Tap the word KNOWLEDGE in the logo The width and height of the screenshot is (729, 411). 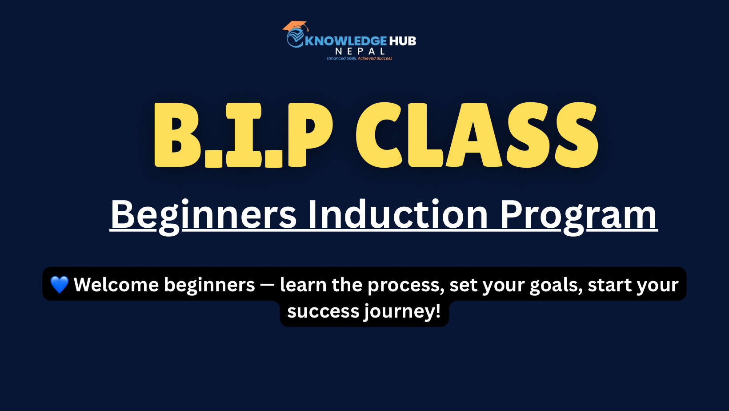point(346,41)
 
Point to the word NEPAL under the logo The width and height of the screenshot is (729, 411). point(360,52)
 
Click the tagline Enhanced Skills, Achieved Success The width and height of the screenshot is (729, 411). point(359,58)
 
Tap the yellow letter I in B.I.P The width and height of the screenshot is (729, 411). point(244,135)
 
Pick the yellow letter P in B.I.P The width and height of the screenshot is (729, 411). point(310,135)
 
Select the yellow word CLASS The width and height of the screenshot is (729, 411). point(477,135)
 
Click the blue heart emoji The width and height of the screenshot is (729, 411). point(60,284)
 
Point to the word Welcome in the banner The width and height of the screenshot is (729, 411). point(116,285)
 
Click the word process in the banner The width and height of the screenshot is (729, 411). point(406,286)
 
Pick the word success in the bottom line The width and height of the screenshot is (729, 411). point(323,312)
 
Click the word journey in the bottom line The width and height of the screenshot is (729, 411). point(402,312)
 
